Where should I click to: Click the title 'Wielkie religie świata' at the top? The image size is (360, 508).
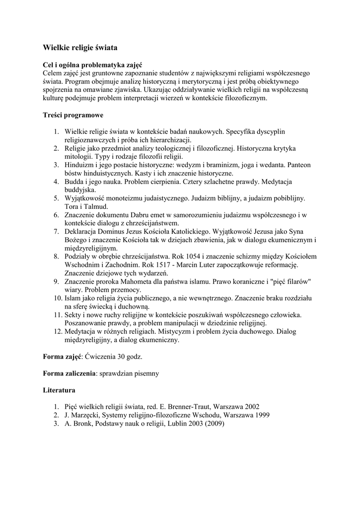point(80,48)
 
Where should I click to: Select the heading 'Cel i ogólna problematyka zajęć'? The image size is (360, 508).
point(92,65)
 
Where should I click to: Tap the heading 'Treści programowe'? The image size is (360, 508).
point(73,115)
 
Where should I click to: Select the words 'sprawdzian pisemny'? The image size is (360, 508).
point(129,373)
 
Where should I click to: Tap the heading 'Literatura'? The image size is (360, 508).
point(59,390)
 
